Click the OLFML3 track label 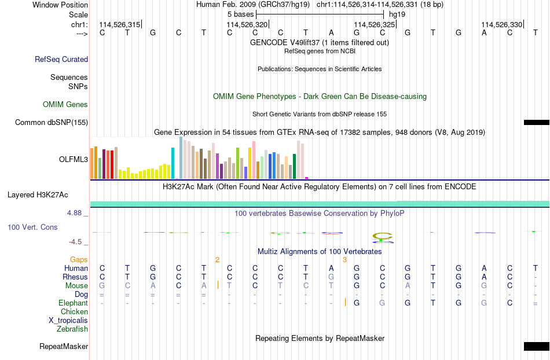(74, 160)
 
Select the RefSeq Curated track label (61, 59)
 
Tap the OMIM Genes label (65, 104)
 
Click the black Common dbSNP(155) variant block (537, 122)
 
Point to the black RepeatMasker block (537, 346)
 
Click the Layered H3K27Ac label (38, 195)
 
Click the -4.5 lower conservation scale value (75, 242)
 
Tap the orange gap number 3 (345, 260)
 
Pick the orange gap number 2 (218, 260)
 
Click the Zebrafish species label (72, 329)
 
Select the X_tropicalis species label (68, 321)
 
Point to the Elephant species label (74, 303)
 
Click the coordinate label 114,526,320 (247, 24)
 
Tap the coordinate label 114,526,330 (501, 24)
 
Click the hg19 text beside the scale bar (397, 14)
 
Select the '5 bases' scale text (240, 14)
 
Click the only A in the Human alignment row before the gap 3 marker (331, 269)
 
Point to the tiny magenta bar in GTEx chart (307, 178)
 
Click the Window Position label (60, 5)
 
